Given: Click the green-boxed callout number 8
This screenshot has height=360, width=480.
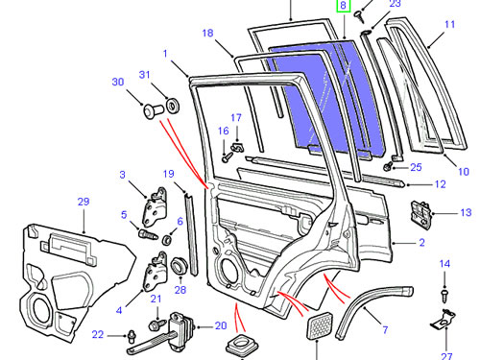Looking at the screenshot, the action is point(343,6).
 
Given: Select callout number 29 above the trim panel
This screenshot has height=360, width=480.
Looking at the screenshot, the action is point(84,202).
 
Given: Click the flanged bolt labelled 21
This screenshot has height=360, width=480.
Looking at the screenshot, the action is point(156,325).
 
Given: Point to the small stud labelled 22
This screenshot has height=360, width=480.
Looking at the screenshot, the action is point(132,336).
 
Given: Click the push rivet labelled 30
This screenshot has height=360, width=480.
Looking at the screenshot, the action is point(153,110).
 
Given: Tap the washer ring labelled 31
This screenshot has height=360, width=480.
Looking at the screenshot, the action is point(173,106).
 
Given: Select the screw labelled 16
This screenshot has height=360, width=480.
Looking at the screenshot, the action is point(228,156).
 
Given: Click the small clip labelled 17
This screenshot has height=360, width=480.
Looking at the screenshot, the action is point(237,148).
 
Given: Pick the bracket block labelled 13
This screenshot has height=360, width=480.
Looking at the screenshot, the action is point(420,215).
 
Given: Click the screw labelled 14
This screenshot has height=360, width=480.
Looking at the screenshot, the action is point(444,296).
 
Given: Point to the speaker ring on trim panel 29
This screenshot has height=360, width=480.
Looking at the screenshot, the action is point(40,311).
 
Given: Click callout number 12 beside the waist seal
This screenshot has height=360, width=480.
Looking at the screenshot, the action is point(441,184).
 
